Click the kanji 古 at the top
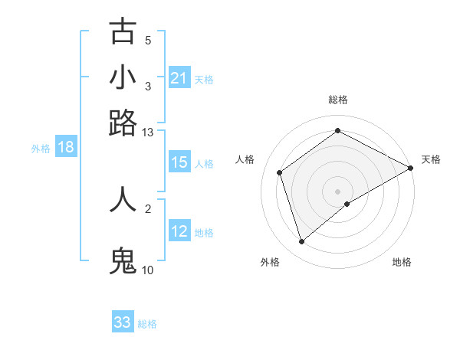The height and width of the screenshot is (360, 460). [x=123, y=31]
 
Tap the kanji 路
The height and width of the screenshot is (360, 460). [x=123, y=123]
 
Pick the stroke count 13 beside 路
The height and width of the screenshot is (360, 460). [x=148, y=132]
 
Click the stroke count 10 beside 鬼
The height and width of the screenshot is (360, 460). [x=148, y=270]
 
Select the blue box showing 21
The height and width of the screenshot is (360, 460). [x=179, y=78]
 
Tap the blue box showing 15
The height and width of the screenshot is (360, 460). [x=179, y=162]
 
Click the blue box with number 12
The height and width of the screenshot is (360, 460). [x=179, y=231]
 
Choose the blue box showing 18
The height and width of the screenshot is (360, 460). [x=66, y=148]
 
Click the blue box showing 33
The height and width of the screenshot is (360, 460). [x=123, y=322]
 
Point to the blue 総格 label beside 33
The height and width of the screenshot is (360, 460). [x=147, y=324]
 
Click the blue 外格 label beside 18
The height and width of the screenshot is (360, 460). [x=41, y=149]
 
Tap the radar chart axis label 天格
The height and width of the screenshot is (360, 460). [x=431, y=159]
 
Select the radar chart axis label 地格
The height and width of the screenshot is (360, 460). [x=402, y=262]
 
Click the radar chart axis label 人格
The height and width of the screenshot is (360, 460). [x=245, y=159]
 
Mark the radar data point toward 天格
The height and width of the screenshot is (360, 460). [x=411, y=168]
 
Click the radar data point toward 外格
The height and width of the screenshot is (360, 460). [x=302, y=242]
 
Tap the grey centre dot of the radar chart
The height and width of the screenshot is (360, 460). [x=338, y=191]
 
